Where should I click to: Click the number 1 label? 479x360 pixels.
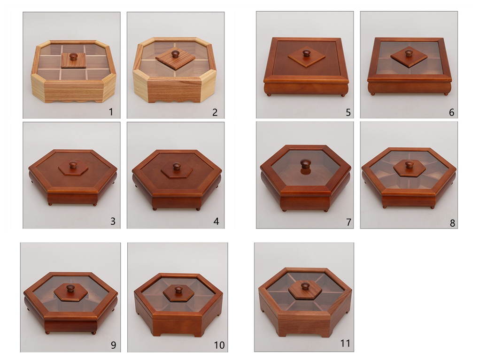[111, 112]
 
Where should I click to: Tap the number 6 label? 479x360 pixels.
[451, 112]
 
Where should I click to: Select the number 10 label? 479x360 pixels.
[219, 345]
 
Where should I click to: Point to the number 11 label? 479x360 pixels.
[345, 343]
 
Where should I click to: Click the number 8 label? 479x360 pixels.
[452, 223]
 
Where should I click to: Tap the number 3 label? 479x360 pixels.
[113, 221]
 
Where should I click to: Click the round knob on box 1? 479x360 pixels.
[73, 56]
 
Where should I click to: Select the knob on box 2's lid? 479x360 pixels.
[175, 54]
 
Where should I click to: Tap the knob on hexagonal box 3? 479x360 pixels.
[73, 165]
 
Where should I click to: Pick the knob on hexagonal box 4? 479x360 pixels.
[177, 167]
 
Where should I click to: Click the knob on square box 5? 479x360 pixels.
[305, 54]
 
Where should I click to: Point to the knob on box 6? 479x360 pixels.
[408, 54]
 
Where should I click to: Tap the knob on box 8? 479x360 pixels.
[409, 165]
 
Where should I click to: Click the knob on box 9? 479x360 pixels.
[70, 288]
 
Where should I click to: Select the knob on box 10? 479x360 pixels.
[178, 289]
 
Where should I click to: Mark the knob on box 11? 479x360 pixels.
[305, 286]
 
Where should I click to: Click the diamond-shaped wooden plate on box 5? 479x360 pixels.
[306, 57]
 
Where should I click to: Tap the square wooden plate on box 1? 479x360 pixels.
[73, 60]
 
